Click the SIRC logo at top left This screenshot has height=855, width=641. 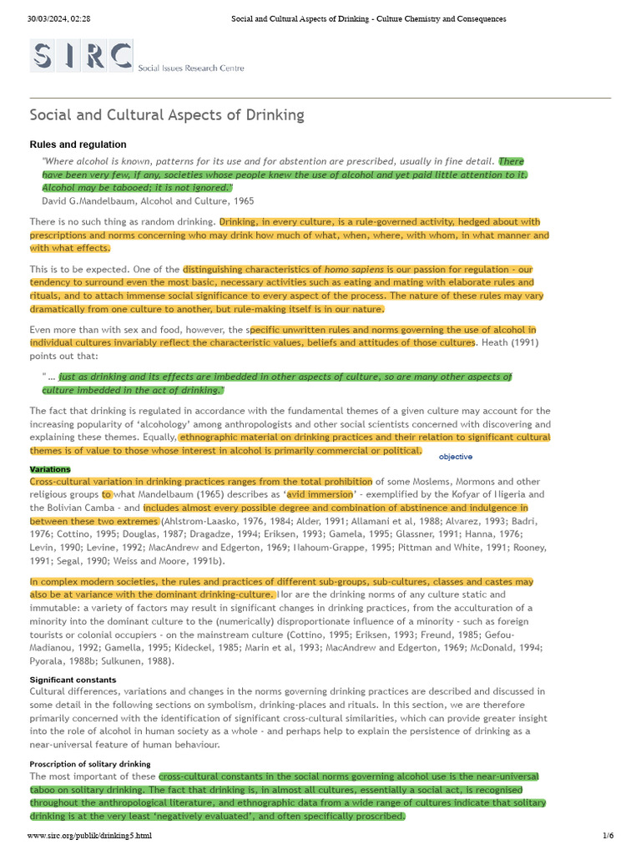82,56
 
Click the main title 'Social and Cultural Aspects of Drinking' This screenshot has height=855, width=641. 167,115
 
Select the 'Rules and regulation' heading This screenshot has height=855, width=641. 78,144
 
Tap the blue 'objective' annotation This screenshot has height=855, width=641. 456,457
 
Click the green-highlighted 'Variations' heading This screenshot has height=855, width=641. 50,469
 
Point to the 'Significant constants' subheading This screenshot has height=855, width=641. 73,680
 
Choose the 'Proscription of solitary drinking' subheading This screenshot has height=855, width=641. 90,764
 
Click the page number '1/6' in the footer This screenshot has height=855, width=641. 608,836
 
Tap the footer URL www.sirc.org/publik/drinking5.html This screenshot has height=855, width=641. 89,836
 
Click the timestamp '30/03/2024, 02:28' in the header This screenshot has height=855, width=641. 58,18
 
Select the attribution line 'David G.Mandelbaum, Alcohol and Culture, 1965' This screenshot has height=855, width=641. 148,201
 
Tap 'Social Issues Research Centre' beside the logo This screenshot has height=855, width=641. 191,68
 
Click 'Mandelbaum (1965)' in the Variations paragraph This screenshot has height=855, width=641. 144,494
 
